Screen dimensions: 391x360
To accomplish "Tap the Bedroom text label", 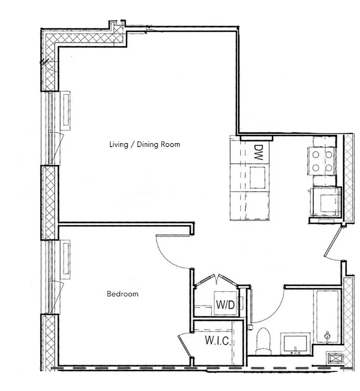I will click(x=122, y=294).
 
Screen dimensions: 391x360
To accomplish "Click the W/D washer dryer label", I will click(x=225, y=305).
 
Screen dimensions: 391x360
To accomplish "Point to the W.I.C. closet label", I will click(x=217, y=340).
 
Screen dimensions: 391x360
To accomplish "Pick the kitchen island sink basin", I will click(x=259, y=177).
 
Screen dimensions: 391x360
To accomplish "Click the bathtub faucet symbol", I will click(x=327, y=336).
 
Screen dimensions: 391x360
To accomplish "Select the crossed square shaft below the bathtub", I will click(x=337, y=358).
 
